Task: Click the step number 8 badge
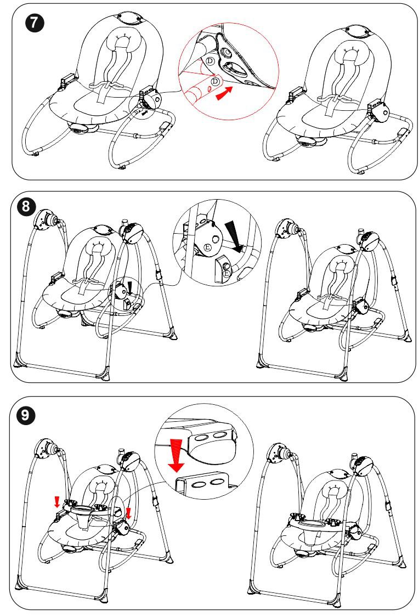pyautogui.click(x=26, y=206)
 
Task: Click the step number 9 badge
pyautogui.click(x=26, y=415)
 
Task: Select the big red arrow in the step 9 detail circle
pyautogui.click(x=176, y=455)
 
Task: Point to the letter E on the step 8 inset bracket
pyautogui.click(x=207, y=247)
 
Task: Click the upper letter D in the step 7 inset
pyautogui.click(x=211, y=61)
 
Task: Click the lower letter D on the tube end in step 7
pyautogui.click(x=215, y=81)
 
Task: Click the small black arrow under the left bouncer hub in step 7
pyautogui.click(x=146, y=113)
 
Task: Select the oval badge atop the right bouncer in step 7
pyautogui.click(x=356, y=30)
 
